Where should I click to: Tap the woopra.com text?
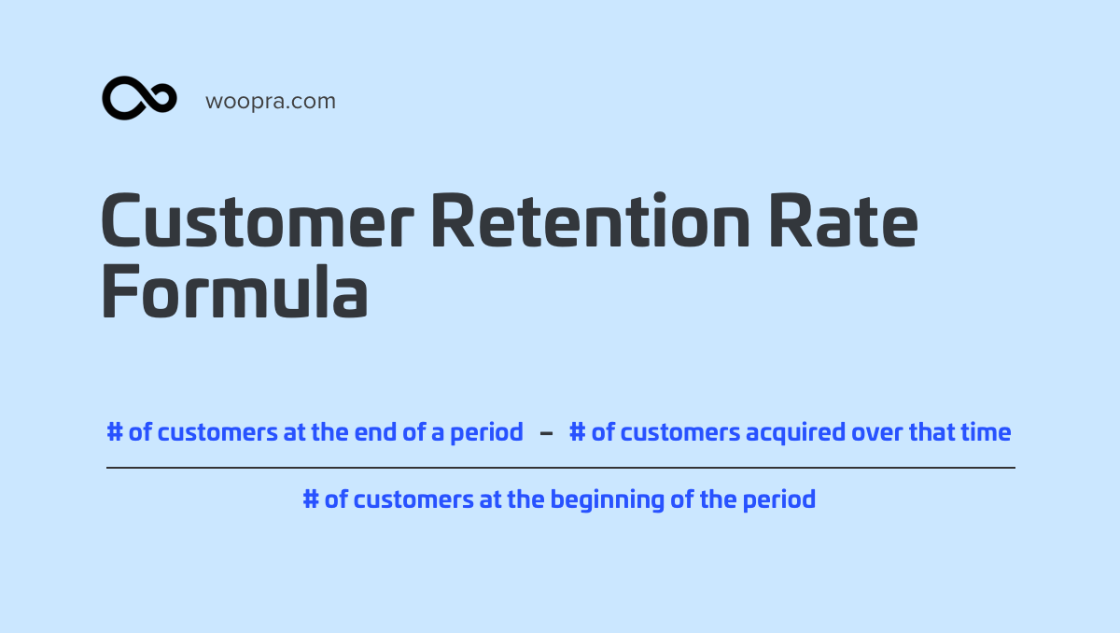[271, 102]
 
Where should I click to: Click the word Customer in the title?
[258, 220]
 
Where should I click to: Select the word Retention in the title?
[591, 220]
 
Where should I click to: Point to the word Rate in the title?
[844, 220]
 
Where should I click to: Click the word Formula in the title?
[234, 291]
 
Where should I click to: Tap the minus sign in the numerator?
[547, 433]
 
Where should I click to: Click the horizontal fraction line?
[561, 468]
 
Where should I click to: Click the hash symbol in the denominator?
[311, 499]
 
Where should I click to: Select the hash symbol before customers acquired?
[578, 432]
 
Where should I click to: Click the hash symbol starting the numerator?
[115, 432]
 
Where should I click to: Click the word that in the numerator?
[931, 432]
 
